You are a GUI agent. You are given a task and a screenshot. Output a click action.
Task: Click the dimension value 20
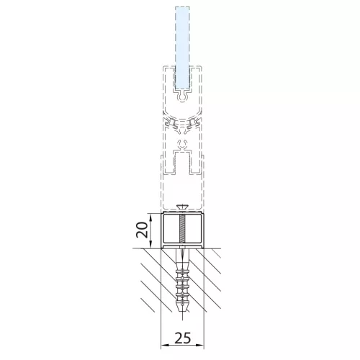click(x=142, y=230)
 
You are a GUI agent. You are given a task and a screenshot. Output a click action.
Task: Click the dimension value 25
click(x=182, y=338)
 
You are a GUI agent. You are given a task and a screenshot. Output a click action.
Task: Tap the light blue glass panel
click(x=182, y=48)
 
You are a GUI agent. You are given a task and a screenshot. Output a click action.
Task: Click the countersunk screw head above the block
click(x=182, y=207)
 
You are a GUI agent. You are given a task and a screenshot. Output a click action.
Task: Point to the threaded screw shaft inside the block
click(x=182, y=229)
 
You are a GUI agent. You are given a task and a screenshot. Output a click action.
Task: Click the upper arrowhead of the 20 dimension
click(x=150, y=216)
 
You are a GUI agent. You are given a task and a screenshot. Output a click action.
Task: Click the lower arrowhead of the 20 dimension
click(x=150, y=245)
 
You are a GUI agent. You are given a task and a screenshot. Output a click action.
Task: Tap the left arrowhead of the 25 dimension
click(x=163, y=346)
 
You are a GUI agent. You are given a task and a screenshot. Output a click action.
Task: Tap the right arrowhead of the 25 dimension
click(x=200, y=346)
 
